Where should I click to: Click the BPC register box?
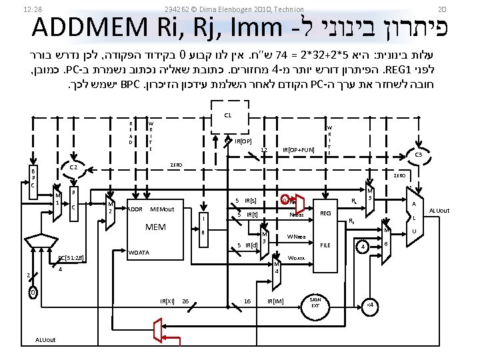click(x=34, y=179)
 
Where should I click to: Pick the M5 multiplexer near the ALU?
click(x=370, y=193)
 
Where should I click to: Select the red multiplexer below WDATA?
click(x=159, y=329)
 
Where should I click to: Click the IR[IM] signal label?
click(x=275, y=301)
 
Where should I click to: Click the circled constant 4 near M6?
click(x=362, y=247)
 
